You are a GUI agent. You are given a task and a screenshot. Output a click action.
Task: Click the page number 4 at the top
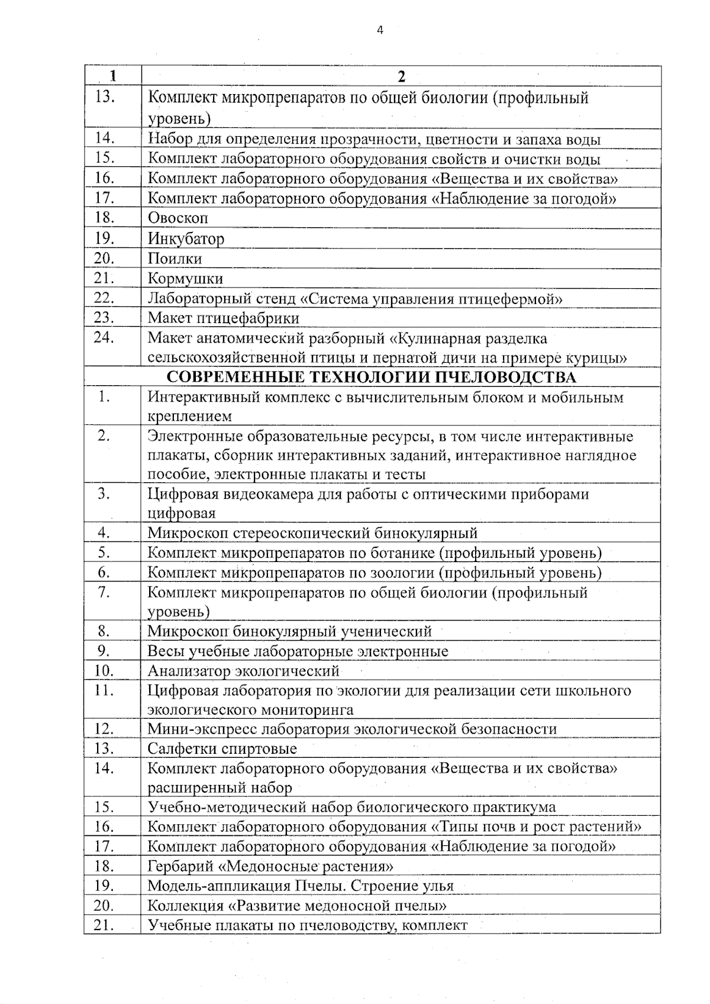[x=380, y=30]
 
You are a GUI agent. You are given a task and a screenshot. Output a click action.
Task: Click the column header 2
[x=402, y=76]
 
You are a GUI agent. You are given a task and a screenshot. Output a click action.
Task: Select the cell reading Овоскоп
[x=178, y=218]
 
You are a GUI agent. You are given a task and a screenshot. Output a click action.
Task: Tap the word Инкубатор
[x=186, y=239]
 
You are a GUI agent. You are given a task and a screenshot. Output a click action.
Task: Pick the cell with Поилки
[x=175, y=259]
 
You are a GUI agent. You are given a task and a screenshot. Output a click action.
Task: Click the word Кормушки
[x=185, y=279]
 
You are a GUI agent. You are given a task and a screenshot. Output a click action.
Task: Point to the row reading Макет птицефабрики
[x=224, y=318]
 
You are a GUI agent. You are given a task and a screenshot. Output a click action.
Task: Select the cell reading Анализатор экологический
[x=243, y=671]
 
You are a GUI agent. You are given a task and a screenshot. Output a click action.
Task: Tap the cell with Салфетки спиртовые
[x=222, y=749]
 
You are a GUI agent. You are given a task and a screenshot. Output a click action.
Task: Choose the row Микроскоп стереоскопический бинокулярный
[x=312, y=533]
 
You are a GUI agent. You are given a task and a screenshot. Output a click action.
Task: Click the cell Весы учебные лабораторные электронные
[x=298, y=651]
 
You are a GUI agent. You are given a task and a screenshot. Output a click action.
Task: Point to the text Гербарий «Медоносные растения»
[x=270, y=867]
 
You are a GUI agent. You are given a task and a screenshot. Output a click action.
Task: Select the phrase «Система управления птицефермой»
[x=431, y=299]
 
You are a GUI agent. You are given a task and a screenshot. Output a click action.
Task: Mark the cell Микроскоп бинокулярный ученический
[x=289, y=631]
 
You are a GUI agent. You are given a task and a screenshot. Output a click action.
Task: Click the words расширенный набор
[x=220, y=788]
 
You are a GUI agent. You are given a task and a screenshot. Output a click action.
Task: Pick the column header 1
[x=112, y=76]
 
